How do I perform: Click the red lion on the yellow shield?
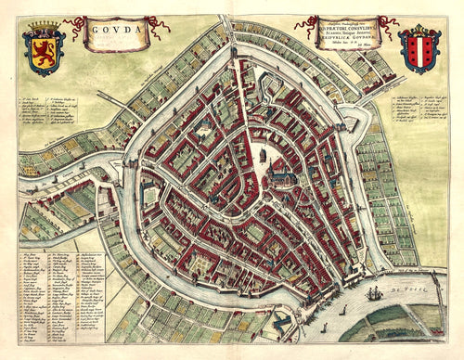(x=44, y=52)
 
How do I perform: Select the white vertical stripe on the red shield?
(x=419, y=50)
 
